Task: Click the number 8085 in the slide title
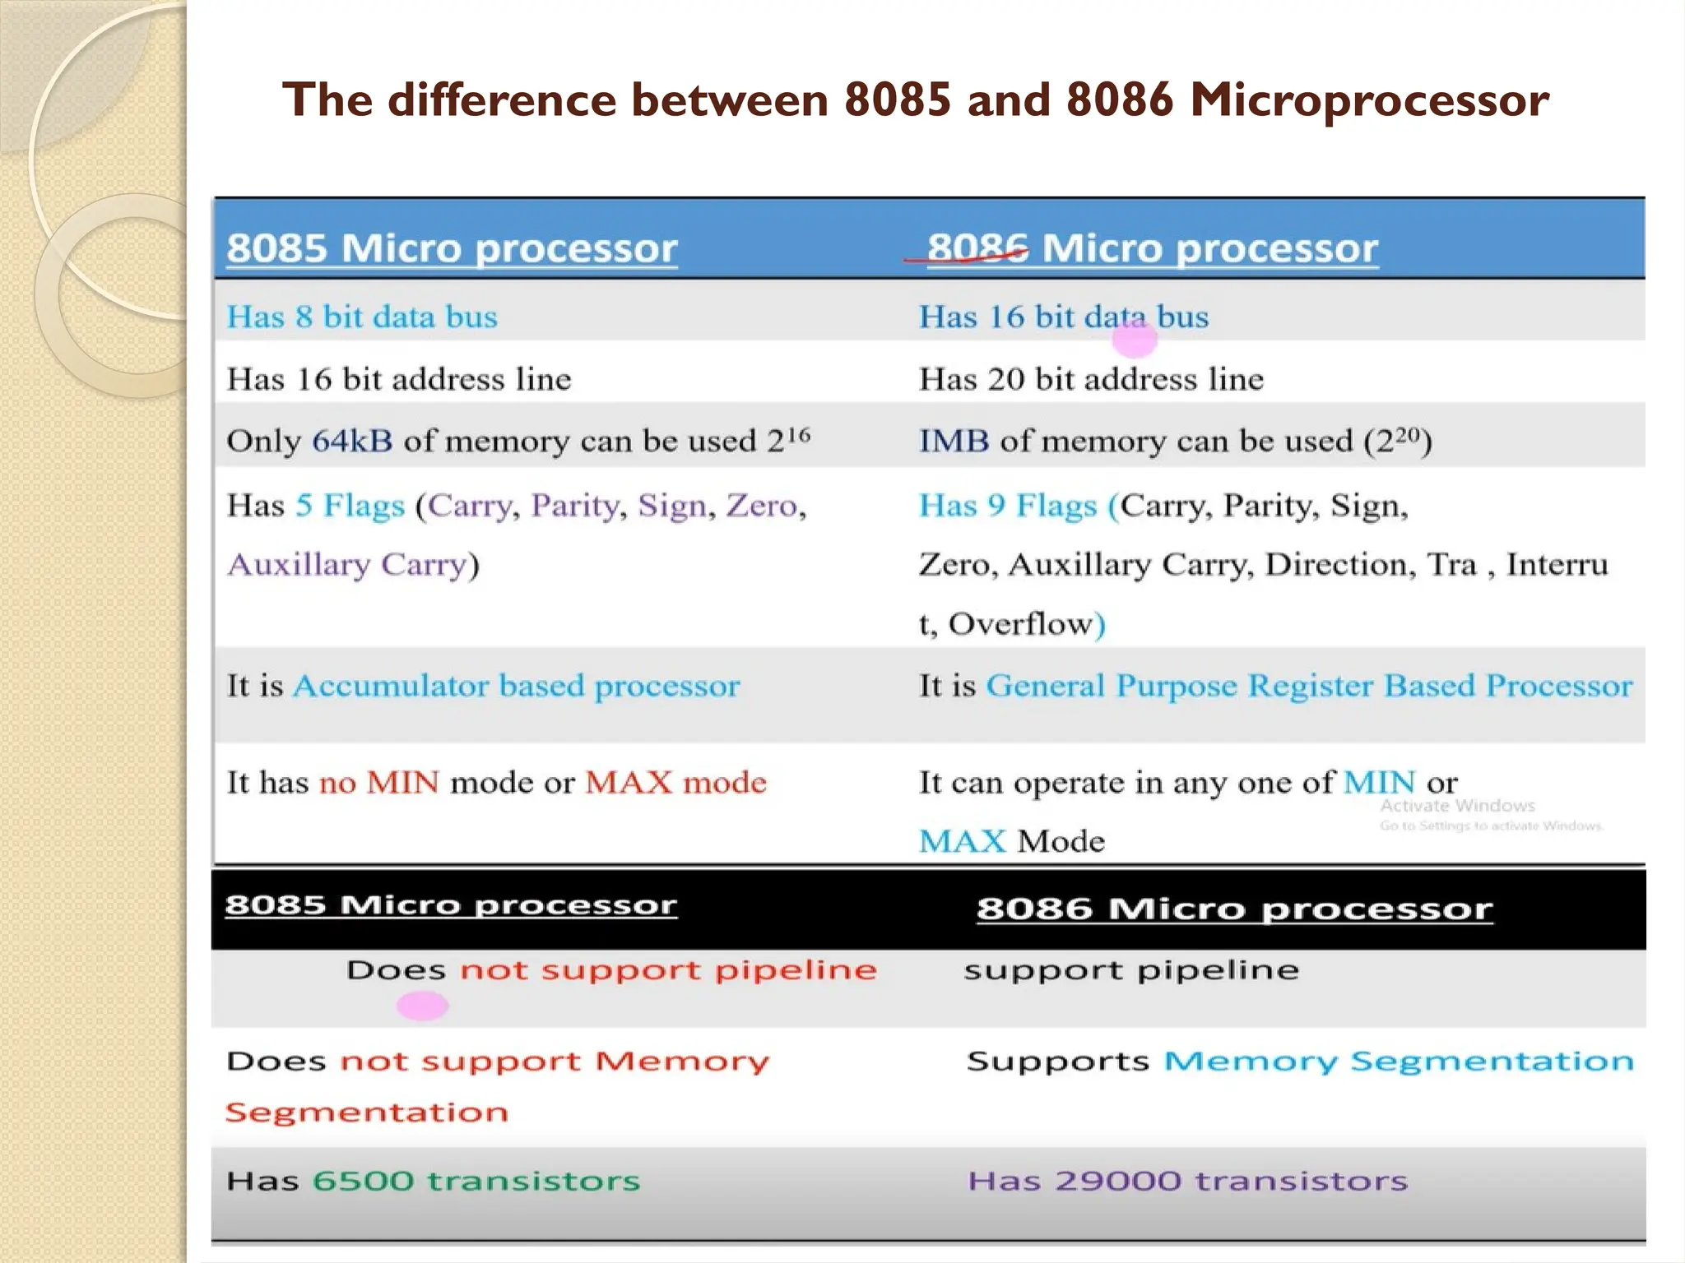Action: click(x=898, y=99)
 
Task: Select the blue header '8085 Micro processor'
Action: click(x=452, y=248)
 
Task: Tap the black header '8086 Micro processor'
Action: click(x=1234, y=909)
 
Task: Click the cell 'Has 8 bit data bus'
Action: click(x=362, y=317)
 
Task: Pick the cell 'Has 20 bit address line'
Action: click(x=1091, y=379)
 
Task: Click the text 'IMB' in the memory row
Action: click(x=954, y=442)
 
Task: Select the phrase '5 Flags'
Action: click(x=350, y=505)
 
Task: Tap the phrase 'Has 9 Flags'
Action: click(x=1008, y=505)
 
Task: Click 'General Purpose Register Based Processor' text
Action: click(x=1309, y=686)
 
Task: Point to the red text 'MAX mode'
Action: click(x=675, y=782)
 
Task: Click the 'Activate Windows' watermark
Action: click(x=1457, y=806)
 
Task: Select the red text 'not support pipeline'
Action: click(x=668, y=970)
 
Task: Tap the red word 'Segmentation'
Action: click(x=367, y=1113)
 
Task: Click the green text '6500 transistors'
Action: click(x=476, y=1181)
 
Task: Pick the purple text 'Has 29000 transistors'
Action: click(x=1187, y=1181)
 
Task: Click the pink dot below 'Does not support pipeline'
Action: click(x=422, y=1005)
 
